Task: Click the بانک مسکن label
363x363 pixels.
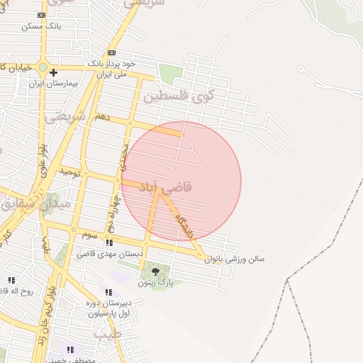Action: coord(42,26)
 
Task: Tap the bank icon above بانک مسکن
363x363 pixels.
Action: coord(42,14)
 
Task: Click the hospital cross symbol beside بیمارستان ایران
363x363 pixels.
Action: coord(53,72)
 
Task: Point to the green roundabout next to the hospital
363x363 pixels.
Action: coord(43,69)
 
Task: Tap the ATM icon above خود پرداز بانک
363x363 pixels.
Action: coord(111,52)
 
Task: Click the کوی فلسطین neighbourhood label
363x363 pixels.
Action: coord(178,96)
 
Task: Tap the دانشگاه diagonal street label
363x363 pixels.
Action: coord(185,225)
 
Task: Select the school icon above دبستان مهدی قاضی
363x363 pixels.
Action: coord(109,242)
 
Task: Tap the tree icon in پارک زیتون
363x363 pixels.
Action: coord(155,270)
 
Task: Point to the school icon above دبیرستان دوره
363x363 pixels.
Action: coord(108,291)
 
